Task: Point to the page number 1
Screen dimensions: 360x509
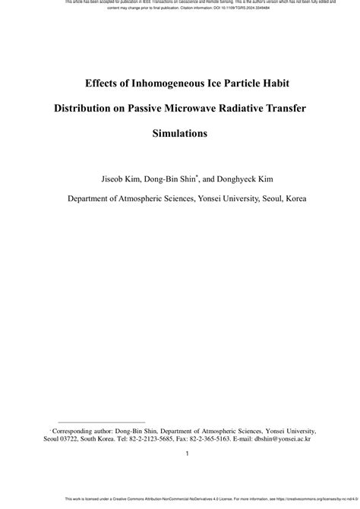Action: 187,455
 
